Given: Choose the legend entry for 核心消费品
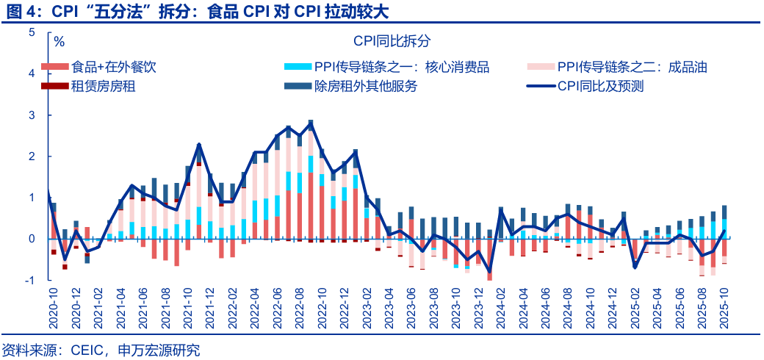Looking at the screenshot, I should click(x=401, y=67).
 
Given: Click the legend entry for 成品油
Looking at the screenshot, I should click(x=632, y=67).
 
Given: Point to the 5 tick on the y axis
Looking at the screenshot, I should click(x=32, y=32).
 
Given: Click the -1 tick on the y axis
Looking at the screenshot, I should click(x=30, y=280).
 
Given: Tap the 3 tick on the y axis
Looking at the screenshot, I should click(x=32, y=115).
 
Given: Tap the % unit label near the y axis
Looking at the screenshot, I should click(x=59, y=41).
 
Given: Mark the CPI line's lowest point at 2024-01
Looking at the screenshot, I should click(x=489, y=273).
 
